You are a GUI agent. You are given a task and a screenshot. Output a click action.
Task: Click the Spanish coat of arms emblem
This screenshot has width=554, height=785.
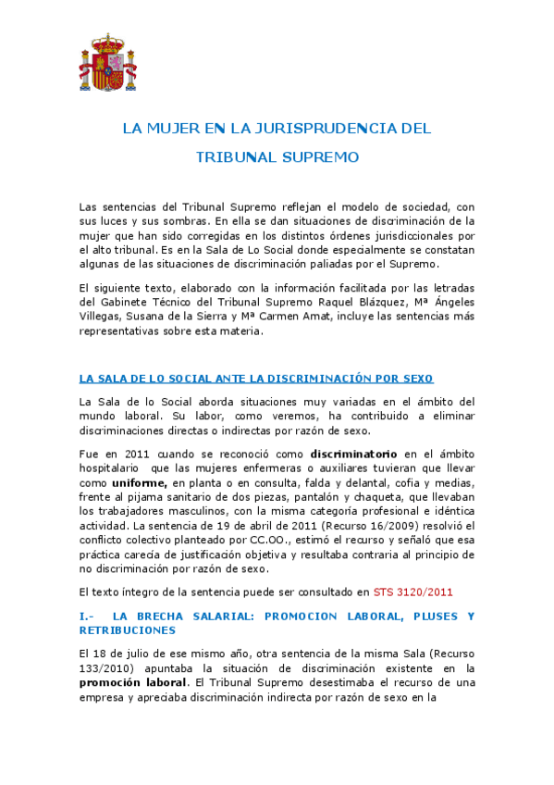105,63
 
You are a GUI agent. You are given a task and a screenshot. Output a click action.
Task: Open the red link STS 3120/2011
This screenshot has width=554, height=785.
413,591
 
